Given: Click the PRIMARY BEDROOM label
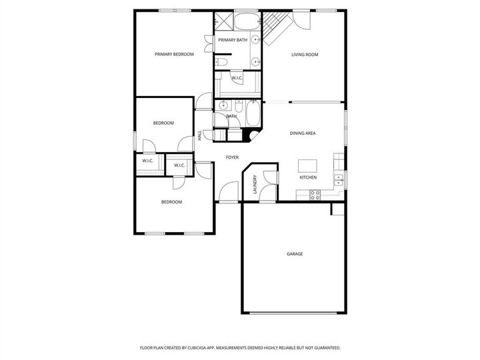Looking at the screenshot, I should (174, 54).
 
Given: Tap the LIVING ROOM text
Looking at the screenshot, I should (304, 55).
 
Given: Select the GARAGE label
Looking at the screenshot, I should (295, 254).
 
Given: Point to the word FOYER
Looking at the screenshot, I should (232, 157).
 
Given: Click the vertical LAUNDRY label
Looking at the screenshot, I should (255, 185).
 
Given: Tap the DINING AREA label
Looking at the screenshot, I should (303, 133).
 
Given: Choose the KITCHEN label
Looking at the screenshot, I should (307, 177).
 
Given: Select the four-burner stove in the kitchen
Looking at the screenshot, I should (315, 195).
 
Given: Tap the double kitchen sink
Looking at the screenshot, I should (339, 178).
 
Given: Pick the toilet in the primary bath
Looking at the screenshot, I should (223, 62).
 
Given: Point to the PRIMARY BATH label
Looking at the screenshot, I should (232, 41).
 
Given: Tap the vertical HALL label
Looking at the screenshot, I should (200, 136).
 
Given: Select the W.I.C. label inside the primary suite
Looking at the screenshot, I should (237, 79).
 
